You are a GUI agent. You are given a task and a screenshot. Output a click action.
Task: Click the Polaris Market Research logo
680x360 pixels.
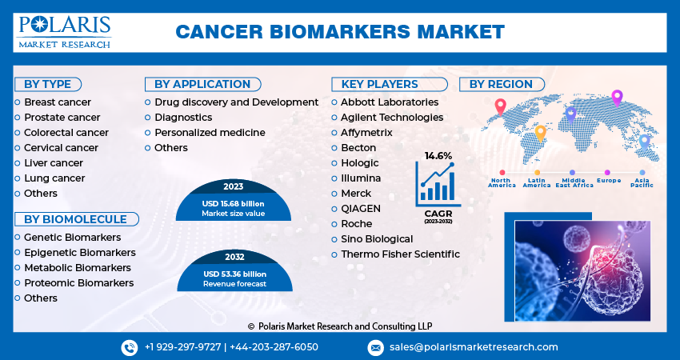(x=64, y=31)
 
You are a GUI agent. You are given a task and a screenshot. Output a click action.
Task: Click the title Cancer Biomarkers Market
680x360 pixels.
(x=340, y=32)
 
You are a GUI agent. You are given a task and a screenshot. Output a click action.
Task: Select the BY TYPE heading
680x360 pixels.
(x=47, y=84)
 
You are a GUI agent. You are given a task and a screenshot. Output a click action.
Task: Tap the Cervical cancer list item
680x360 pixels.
(x=61, y=147)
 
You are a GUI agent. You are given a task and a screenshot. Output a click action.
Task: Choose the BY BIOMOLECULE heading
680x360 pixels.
(x=75, y=219)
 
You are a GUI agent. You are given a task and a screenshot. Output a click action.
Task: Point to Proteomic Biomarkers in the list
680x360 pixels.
(x=78, y=282)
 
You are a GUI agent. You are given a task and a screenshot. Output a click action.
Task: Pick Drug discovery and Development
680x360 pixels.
(x=236, y=102)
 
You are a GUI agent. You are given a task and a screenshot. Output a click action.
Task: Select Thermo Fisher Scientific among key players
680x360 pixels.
(x=400, y=254)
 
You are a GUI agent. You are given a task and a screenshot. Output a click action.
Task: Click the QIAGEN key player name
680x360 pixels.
(x=361, y=208)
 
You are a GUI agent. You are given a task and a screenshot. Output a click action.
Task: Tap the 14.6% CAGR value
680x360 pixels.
(x=438, y=155)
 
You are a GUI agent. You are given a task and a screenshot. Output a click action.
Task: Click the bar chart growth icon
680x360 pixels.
(x=438, y=183)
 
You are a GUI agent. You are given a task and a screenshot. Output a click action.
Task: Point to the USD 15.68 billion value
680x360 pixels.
(x=233, y=203)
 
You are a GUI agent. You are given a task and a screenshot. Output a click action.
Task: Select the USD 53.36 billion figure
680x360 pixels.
(x=233, y=274)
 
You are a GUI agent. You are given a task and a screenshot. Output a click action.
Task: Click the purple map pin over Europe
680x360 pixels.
(x=617, y=98)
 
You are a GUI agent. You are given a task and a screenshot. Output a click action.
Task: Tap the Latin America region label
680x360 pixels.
(x=537, y=182)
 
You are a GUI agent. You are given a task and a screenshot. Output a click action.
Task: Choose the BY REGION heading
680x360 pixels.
(x=501, y=84)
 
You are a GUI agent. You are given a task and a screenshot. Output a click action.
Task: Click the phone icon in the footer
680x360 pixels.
(x=130, y=347)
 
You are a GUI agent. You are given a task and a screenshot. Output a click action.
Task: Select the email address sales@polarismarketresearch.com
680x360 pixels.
(x=474, y=347)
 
